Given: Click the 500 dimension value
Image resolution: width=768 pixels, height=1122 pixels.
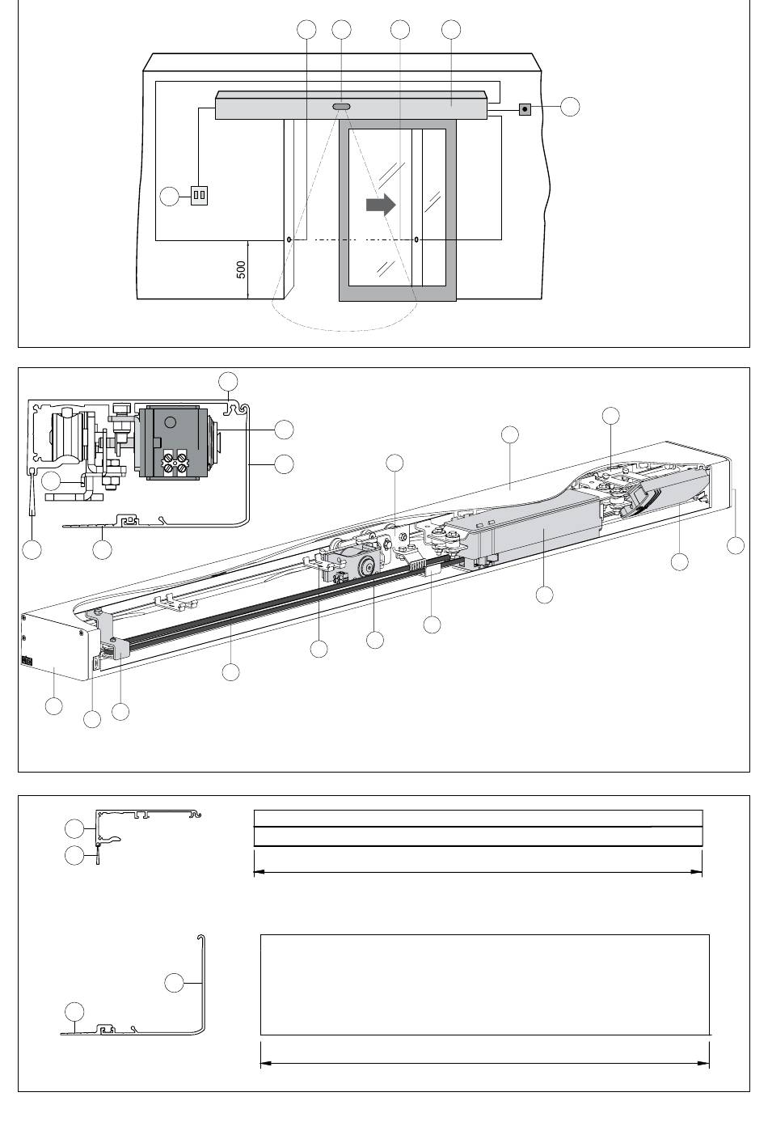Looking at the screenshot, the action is pos(242,270).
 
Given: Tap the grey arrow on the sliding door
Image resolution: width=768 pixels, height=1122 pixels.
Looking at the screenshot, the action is pos(381,205).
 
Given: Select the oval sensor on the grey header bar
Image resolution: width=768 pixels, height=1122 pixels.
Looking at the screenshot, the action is pos(341,106).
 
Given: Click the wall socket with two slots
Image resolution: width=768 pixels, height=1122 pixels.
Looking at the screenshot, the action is pos(199,195).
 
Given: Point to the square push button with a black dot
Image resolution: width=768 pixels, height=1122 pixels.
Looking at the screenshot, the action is pos(525,108).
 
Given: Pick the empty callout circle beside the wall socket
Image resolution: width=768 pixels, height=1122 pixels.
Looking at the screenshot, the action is pos(169,196).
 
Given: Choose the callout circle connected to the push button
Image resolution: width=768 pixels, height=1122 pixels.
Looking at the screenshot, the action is pos(570,107).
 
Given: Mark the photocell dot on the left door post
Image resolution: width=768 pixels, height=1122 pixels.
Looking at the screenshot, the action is pos(289,240).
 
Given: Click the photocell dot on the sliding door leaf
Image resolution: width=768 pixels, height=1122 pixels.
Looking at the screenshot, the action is pos(416,240).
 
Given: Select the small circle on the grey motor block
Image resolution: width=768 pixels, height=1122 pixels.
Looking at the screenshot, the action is pos(171,421).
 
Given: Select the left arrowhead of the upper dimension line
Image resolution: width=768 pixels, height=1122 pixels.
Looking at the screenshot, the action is pos(260,872).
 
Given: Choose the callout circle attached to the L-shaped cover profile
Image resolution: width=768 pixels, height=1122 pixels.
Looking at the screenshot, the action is pos(174,983).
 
